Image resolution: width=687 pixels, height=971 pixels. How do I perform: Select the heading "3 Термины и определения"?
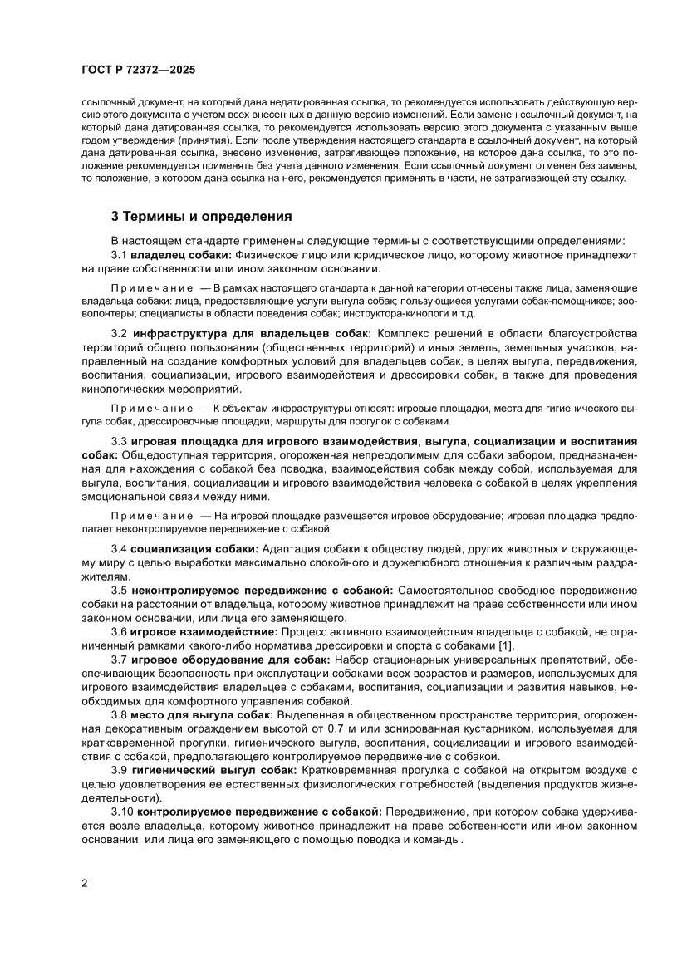(201, 217)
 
